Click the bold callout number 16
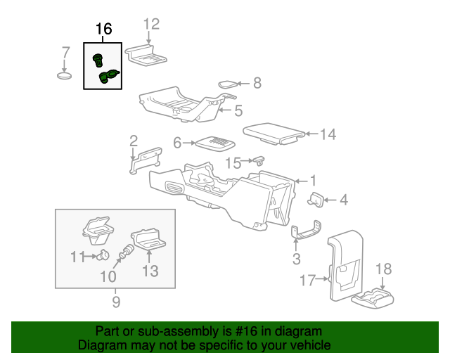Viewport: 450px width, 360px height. coord(103,29)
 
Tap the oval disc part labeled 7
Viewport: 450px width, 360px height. coord(64,76)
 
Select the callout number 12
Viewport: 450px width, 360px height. coord(151,24)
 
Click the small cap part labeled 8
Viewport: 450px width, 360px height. coord(228,84)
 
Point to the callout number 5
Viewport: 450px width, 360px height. coord(238,111)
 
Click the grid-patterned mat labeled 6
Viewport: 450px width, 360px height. coord(215,143)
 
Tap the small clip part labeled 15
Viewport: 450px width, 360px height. coord(259,161)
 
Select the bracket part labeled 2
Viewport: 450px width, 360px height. coord(146,161)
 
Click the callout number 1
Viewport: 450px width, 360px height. coord(314,181)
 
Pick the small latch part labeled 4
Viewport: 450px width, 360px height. coord(316,200)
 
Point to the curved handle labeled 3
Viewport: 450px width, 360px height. coord(306,230)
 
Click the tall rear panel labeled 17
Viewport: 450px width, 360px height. coord(345,265)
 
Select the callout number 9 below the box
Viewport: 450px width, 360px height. coord(116,302)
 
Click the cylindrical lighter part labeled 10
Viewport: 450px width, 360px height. coord(127,252)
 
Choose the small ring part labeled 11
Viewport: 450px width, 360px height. coord(103,255)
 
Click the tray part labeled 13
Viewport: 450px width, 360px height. coord(149,238)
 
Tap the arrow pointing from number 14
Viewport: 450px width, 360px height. coord(311,134)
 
